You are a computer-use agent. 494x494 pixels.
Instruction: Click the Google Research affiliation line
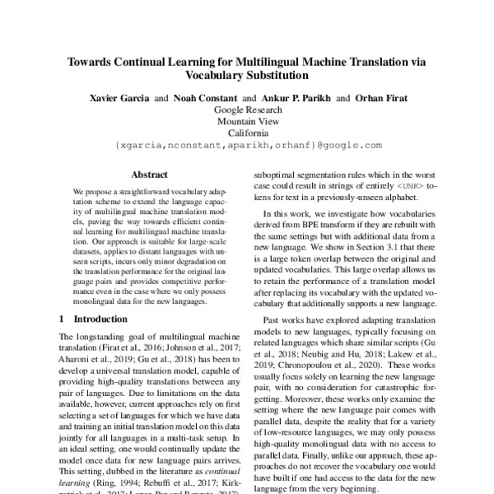point(247,109)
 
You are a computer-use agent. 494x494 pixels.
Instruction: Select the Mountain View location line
point(247,120)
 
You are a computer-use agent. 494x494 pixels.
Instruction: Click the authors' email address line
point(247,144)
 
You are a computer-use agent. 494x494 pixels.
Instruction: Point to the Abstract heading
point(149,175)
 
